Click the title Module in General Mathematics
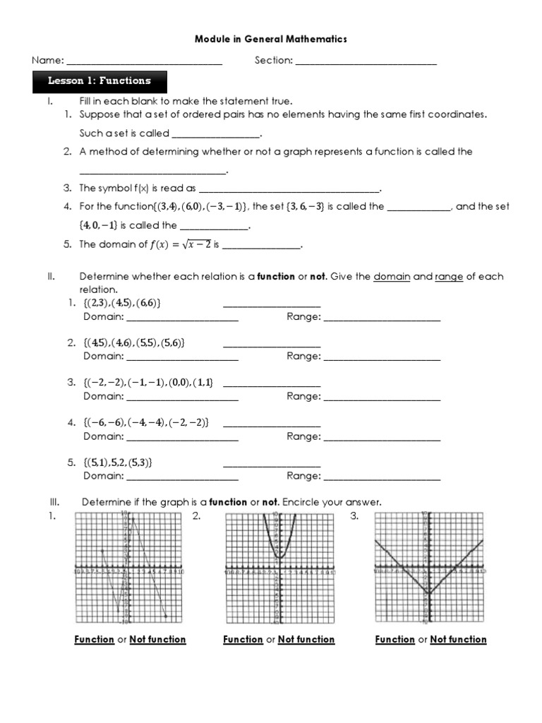271,40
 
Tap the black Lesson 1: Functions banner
100,81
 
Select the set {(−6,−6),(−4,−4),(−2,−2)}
145,422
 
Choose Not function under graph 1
157,640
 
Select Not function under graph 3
459,640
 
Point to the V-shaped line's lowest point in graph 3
428,592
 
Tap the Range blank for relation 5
382,477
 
